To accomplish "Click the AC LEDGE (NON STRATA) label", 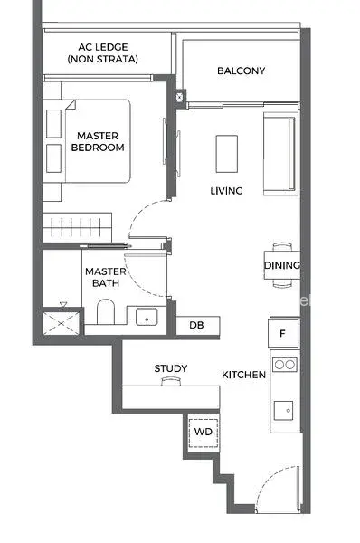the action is pos(103,53).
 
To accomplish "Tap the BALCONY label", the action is pos(241,71).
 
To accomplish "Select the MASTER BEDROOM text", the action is pos(98,141).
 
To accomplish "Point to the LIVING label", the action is pos(226,190).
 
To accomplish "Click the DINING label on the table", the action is pos(282,265).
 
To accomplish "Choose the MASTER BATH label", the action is pos(106,277).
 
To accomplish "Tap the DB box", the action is pos(198,326).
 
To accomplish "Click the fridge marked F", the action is pos(283,333).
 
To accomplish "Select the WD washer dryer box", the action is pos(203,433).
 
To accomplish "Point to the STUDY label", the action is pos(171,368).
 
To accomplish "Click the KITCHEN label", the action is pos(243,375).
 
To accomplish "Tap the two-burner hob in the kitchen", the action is pos(285,365).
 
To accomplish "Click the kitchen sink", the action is pos(283,411).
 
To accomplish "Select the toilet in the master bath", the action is pos(106,311).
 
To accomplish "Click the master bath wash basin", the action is pos(147,317).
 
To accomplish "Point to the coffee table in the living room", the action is pos(227,154).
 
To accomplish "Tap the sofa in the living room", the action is pos(280,154).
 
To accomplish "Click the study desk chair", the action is pos(171,381).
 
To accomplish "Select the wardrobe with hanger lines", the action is pos(77,227).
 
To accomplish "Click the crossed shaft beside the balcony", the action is pos(180,98).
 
